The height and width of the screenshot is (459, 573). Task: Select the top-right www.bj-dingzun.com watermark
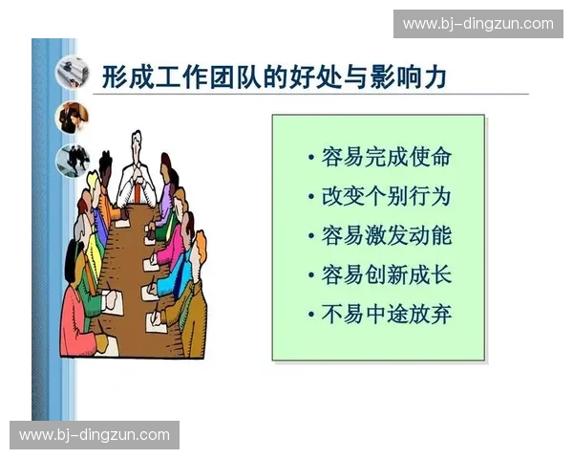click(x=477, y=24)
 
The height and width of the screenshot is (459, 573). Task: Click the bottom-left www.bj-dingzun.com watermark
click(x=95, y=435)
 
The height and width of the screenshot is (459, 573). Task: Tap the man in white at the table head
click(x=137, y=177)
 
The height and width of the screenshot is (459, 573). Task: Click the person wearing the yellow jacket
click(x=93, y=239)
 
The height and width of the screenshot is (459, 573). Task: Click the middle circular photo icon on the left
click(x=72, y=117)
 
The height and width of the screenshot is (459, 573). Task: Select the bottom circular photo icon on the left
click(x=72, y=160)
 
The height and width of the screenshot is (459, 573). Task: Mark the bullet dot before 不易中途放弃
click(x=311, y=315)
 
